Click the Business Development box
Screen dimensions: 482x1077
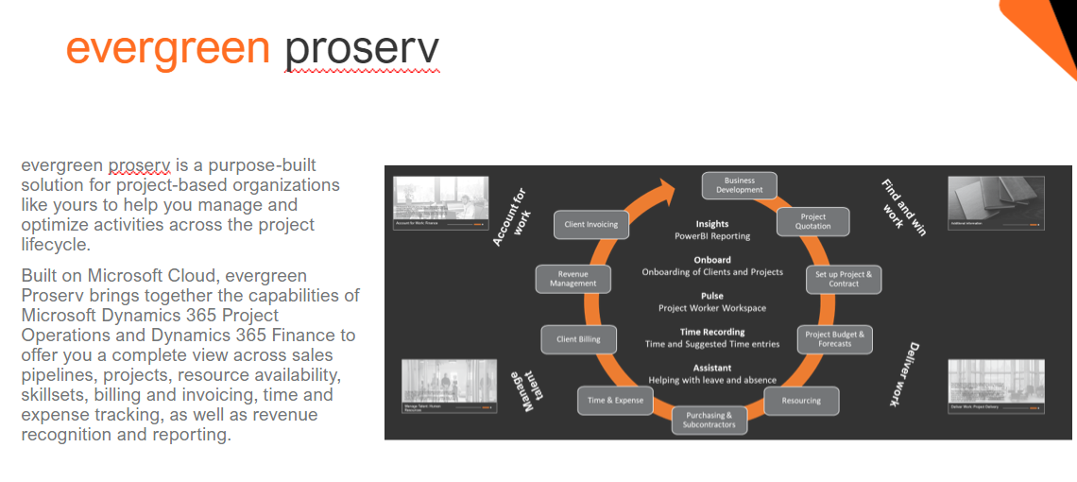click(739, 184)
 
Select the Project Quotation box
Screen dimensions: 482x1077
click(812, 221)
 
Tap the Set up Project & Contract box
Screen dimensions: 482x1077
click(843, 279)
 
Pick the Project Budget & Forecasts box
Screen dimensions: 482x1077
click(834, 338)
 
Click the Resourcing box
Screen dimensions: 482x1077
click(801, 400)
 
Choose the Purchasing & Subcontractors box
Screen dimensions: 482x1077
click(709, 420)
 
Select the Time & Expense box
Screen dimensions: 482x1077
click(615, 400)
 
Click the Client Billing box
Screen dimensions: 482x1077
click(578, 339)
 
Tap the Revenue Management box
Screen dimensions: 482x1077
click(573, 279)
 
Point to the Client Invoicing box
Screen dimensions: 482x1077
click(590, 224)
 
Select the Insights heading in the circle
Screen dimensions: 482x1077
click(712, 224)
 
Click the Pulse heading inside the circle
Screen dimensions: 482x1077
click(712, 296)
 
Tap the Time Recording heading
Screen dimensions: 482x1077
click(712, 332)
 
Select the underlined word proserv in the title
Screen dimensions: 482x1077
click(362, 49)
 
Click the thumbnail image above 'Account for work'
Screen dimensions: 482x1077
click(440, 203)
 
